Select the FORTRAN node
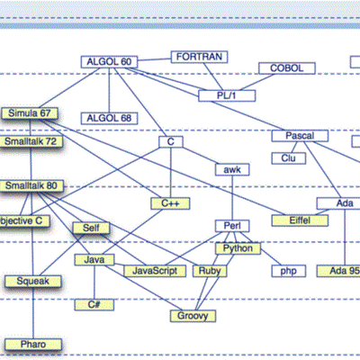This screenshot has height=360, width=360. [x=199, y=57]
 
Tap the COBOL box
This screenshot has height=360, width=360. [x=287, y=68]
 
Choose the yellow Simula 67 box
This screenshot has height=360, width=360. [x=30, y=113]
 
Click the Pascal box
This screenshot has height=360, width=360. [x=299, y=135]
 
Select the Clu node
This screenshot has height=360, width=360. [x=289, y=157]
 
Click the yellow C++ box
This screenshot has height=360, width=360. [x=170, y=204]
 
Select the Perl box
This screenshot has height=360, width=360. [x=229, y=225]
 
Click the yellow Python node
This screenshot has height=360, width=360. [x=238, y=247]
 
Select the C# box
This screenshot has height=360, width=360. [x=94, y=305]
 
